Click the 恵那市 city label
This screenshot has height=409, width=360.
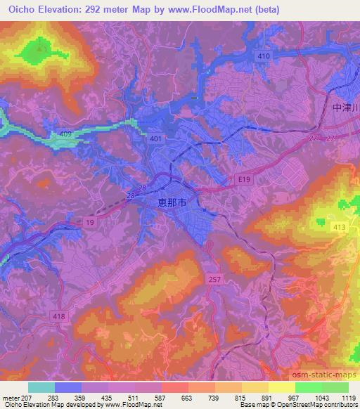(169, 202)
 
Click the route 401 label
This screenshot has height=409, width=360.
(155, 140)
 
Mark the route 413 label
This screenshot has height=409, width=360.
(339, 228)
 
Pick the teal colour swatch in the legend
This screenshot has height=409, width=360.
(41, 387)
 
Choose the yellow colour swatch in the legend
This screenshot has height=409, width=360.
(281, 387)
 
